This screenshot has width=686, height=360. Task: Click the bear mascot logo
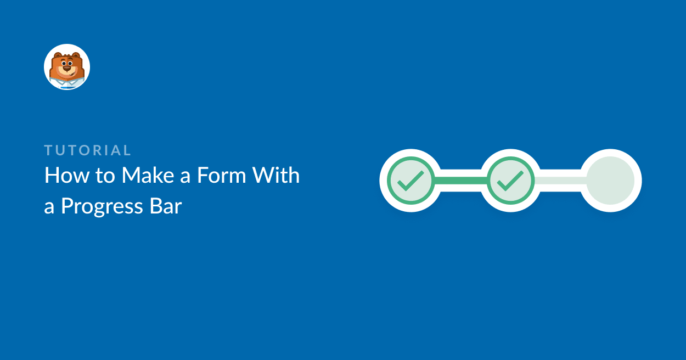point(67,67)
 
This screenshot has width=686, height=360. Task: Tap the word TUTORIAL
point(88,150)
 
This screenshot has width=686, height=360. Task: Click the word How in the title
point(67,176)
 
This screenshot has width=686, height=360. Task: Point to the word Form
point(222,176)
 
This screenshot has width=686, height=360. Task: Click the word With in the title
point(276,175)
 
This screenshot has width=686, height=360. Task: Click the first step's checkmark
point(411,181)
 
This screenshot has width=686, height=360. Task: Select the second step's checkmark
point(510,181)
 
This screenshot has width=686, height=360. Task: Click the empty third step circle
point(610,181)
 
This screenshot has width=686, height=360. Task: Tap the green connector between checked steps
point(460,181)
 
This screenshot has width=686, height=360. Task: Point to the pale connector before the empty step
point(561,181)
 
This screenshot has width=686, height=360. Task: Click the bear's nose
point(67,68)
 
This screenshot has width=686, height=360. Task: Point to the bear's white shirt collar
point(67,83)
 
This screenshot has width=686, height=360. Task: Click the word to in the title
point(105,176)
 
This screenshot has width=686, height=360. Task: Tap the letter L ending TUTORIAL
point(127,150)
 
